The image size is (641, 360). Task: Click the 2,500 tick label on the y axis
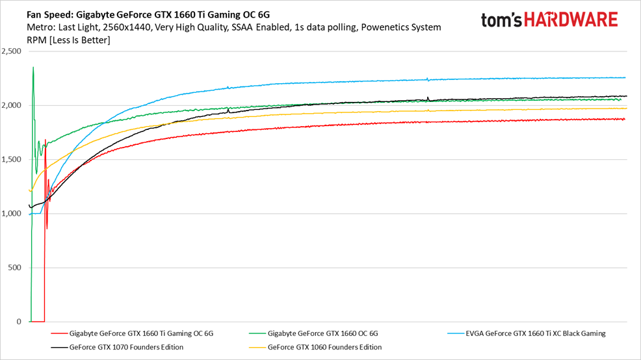point(12,51)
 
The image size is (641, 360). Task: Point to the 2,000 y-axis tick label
point(12,105)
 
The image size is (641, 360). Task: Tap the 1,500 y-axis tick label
point(12,159)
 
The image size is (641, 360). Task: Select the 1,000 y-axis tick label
point(12,213)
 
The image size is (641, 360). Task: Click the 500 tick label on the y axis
point(15,268)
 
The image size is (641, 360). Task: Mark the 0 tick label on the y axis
point(20,322)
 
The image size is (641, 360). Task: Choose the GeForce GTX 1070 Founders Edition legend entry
point(126,347)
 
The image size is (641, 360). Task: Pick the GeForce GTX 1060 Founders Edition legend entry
point(324,347)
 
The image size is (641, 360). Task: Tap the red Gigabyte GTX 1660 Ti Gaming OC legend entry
point(140,333)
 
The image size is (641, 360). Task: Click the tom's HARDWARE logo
point(549,19)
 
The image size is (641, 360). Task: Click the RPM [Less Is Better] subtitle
point(68,40)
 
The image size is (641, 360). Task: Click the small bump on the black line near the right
point(428,98)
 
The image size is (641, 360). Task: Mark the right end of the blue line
point(625,77)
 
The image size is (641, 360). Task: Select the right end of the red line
point(625,119)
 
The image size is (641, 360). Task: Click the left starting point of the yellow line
point(29,190)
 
